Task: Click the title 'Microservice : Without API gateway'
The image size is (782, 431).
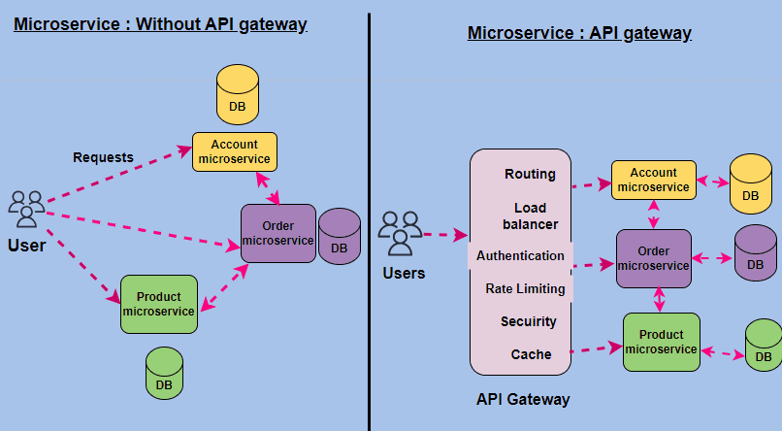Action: click(160, 24)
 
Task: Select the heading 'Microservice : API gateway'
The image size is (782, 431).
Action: click(579, 33)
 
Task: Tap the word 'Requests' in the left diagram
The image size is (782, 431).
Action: click(103, 157)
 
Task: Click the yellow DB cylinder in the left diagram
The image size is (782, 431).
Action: click(237, 94)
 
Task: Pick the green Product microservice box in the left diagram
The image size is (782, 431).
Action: click(159, 304)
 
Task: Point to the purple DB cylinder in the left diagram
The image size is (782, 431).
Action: click(340, 237)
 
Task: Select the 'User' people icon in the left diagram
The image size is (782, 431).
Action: click(26, 209)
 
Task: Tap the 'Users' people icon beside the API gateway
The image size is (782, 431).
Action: click(400, 233)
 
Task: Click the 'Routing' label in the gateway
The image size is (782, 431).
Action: click(530, 175)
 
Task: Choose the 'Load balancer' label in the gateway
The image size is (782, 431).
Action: click(530, 215)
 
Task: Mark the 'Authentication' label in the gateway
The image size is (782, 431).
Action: click(520, 256)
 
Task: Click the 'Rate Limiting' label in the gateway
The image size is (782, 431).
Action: click(525, 288)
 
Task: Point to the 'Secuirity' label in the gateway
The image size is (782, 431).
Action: click(529, 321)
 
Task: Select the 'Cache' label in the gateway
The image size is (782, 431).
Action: click(531, 354)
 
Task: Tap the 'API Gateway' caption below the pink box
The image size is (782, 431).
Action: click(523, 399)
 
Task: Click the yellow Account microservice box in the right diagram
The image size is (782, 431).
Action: click(653, 180)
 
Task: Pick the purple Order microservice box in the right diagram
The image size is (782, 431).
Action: click(653, 258)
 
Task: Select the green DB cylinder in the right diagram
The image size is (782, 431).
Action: click(764, 347)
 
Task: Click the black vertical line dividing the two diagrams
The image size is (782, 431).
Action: click(370, 223)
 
